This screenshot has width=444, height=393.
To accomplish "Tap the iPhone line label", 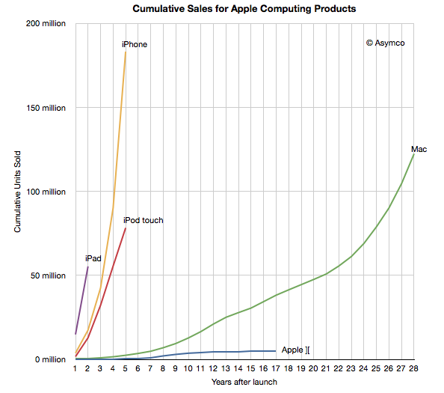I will (x=135, y=44).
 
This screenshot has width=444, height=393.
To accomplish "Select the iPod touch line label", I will (x=143, y=220).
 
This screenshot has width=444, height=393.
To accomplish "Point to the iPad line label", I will (x=93, y=258).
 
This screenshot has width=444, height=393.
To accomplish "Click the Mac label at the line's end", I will (x=419, y=150).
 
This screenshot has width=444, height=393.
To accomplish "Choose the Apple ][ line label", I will (x=295, y=350).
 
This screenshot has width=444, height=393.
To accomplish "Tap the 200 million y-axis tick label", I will (x=46, y=24).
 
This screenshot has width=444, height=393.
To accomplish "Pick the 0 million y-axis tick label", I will (x=50, y=359).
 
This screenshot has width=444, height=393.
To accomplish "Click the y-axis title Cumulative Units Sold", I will (x=17, y=192).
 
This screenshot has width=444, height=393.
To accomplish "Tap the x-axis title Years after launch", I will (x=244, y=382).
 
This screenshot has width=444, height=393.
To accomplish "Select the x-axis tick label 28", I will (x=413, y=368).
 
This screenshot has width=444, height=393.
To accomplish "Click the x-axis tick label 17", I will (x=276, y=368).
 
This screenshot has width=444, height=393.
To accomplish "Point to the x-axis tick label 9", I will (x=176, y=368).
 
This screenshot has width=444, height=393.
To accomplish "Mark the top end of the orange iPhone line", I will (x=126, y=52).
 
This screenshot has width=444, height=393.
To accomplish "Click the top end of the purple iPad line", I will (x=88, y=266).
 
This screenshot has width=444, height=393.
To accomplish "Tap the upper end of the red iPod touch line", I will (x=126, y=228).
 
